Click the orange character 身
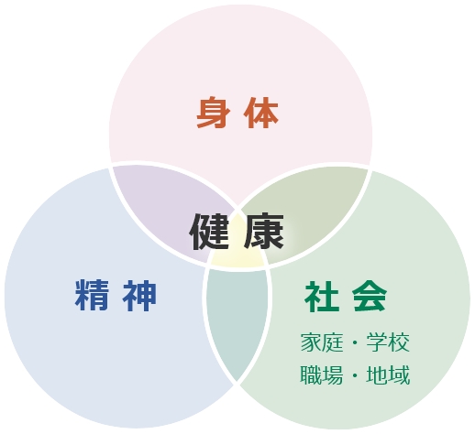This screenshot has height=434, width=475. (213, 113)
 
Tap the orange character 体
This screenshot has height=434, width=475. (261, 113)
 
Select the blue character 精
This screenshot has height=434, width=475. (92, 296)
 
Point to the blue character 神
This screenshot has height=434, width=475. (140, 296)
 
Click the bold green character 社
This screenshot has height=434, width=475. (322, 296)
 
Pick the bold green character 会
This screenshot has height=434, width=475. (370, 296)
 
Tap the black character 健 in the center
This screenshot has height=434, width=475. (209, 232)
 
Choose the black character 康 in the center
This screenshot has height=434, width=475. (264, 232)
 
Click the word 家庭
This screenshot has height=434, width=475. (322, 342)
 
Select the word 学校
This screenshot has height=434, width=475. (388, 342)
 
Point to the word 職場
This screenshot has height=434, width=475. (322, 374)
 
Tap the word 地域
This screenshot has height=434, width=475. (388, 374)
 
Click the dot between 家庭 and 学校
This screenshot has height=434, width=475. (355, 342)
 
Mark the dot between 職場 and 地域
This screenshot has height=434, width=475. (355, 375)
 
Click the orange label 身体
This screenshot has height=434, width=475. (237, 113)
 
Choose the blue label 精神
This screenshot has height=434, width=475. (116, 296)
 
